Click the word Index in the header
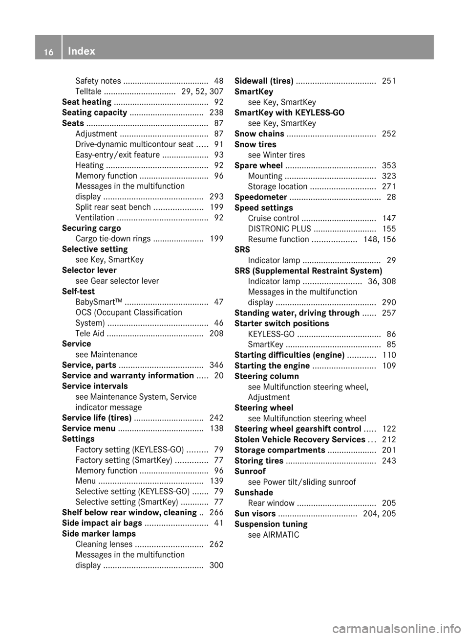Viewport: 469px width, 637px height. [82, 51]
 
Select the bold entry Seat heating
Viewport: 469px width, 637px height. [86, 102]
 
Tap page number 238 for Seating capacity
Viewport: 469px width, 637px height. [216, 113]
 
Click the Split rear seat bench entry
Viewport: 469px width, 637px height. [113, 207]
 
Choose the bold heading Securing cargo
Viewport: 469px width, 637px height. [91, 228]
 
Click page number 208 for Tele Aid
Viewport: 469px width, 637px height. [216, 334]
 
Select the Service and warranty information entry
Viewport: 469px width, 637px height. [128, 376]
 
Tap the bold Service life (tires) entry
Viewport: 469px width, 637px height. [97, 418]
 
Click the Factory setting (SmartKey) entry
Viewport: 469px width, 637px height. [124, 460]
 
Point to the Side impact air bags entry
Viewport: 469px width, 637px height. [102, 523]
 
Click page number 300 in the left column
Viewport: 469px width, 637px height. [216, 566]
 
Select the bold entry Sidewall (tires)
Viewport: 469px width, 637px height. [264, 81]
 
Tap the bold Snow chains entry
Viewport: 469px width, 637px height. [259, 134]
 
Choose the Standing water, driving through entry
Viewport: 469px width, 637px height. [297, 313]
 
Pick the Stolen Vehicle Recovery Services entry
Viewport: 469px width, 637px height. [299, 439]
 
